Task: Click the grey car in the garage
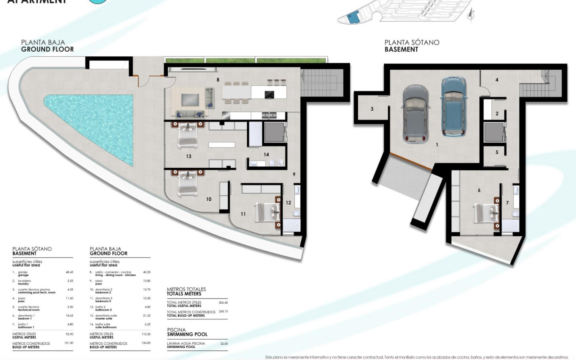coord(415,114)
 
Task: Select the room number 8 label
coord(218,79)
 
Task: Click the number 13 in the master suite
coord(188,156)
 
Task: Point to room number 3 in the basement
coord(372,109)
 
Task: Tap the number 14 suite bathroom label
coord(266,155)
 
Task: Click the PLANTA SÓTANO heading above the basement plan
coord(412,42)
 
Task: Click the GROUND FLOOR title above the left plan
coord(47,49)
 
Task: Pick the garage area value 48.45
coord(69,272)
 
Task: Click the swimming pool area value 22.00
coord(224,343)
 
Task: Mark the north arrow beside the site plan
coord(470,15)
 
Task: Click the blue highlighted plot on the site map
coord(353,17)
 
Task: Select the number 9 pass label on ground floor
coord(294,174)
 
